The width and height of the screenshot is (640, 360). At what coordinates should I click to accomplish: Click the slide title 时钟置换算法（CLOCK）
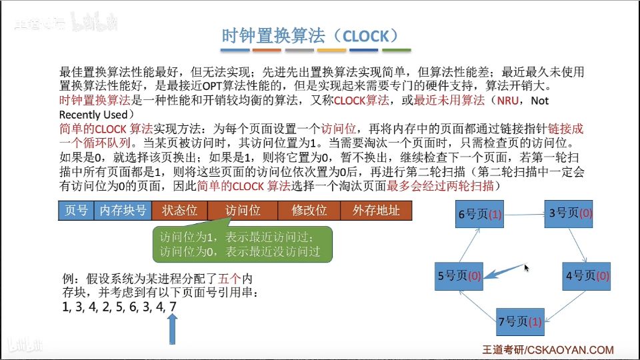tap(310, 36)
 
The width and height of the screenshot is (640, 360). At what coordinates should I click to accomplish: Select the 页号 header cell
tap(76, 211)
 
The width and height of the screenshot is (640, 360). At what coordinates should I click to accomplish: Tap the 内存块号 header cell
tap(123, 211)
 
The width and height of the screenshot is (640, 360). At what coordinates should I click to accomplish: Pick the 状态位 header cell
tap(179, 211)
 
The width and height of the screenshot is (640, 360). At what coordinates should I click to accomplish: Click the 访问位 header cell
tap(243, 211)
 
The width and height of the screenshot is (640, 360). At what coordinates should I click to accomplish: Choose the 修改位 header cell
tap(309, 211)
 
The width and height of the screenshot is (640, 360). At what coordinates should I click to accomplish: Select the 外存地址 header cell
tap(376, 211)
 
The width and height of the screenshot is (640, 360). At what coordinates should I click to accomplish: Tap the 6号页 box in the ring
tap(479, 214)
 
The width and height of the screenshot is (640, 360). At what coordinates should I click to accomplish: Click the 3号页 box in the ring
tap(569, 213)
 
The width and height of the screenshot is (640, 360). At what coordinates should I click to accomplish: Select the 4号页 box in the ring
tap(587, 276)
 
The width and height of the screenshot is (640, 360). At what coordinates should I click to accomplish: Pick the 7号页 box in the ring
tap(521, 322)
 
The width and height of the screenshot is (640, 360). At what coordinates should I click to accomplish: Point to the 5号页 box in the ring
tap(459, 276)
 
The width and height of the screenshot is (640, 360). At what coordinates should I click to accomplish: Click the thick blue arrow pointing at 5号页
tap(504, 272)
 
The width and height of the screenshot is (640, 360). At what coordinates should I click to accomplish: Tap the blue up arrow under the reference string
tap(173, 329)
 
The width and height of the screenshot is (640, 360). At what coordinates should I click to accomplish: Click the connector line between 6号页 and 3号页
tap(524, 214)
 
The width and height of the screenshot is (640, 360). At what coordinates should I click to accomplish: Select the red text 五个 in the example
tap(230, 279)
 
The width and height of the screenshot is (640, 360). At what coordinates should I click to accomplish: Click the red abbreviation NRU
tap(507, 101)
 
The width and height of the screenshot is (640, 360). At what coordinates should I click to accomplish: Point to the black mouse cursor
tap(527, 268)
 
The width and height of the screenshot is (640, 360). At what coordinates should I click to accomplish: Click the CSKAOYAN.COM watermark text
tap(548, 350)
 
